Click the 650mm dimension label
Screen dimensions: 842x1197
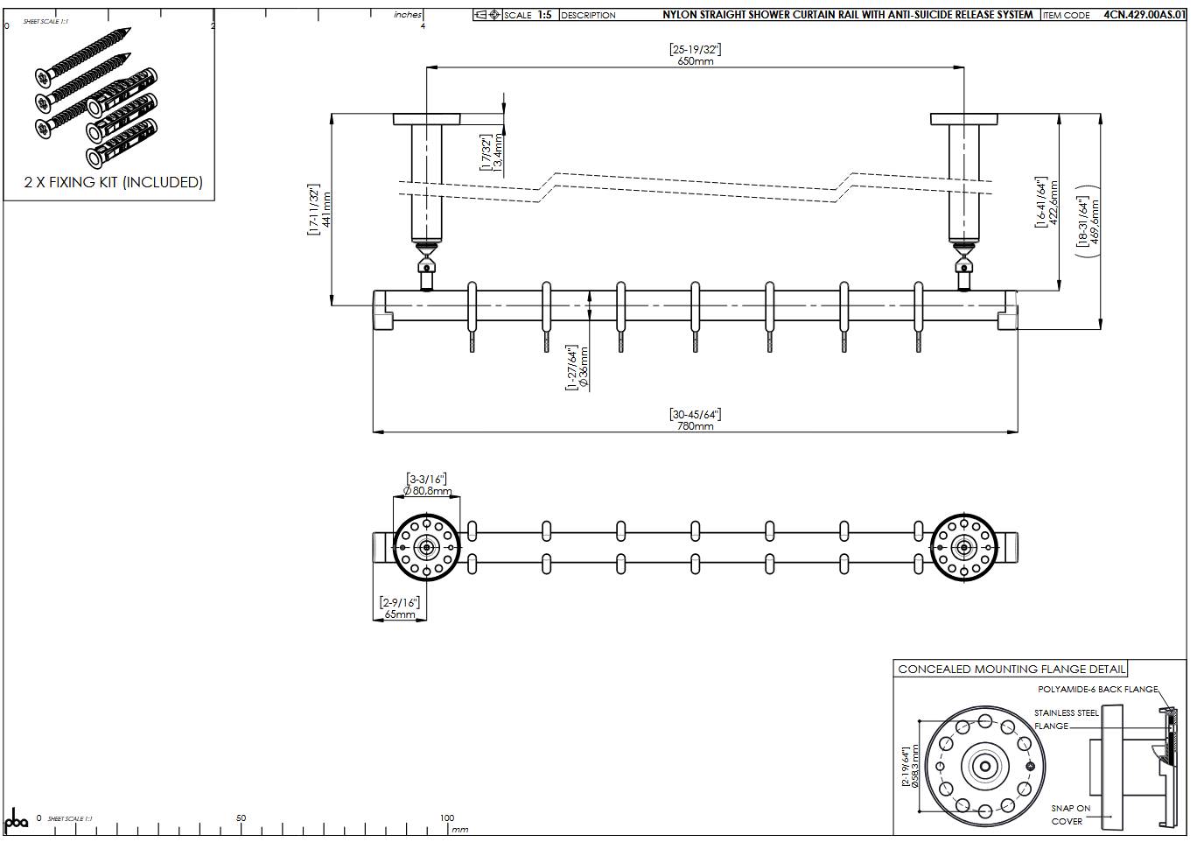[695, 61]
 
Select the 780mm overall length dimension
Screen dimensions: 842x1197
[696, 426]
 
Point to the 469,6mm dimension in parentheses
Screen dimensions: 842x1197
[1095, 223]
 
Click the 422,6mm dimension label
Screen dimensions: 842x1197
[1053, 203]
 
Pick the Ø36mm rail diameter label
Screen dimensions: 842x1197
[584, 368]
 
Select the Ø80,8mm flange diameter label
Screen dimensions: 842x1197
[428, 491]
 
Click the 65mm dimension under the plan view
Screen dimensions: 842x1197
[400, 614]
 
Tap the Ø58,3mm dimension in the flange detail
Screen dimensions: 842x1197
[915, 767]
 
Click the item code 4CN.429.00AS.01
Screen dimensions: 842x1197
[1144, 15]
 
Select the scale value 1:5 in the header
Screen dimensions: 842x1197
[544, 15]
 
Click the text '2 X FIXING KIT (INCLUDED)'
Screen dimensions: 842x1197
[113, 182]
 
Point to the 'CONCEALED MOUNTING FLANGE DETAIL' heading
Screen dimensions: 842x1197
[1011, 670]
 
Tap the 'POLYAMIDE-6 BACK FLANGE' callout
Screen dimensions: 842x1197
[1097, 690]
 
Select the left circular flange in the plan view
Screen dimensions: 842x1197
[426, 548]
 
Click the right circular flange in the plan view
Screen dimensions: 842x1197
[963, 548]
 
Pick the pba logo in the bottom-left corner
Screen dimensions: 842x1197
[17, 822]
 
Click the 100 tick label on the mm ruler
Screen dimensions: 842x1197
[446, 818]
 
